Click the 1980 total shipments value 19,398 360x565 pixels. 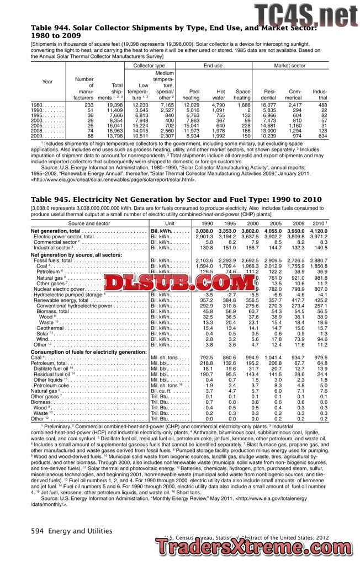[115, 104]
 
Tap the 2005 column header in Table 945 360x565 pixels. [273, 223]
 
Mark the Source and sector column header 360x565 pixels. [88, 223]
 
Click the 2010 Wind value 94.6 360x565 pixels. [322, 339]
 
